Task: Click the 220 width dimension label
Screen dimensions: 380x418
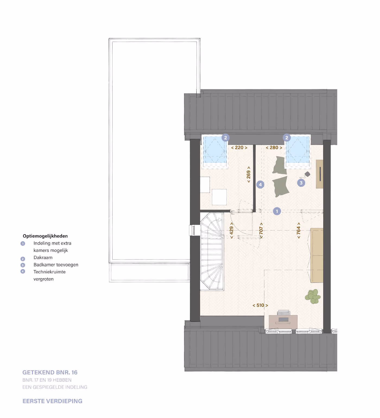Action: coord(239,148)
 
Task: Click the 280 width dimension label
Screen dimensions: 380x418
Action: coord(274,148)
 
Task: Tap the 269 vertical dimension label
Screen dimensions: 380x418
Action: coord(249,175)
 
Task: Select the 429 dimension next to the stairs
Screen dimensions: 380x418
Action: coord(231,230)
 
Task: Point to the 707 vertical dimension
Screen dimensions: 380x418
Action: coord(261,230)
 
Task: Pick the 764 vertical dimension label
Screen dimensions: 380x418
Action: coord(299,230)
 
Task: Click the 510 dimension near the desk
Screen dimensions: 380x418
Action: coord(260,305)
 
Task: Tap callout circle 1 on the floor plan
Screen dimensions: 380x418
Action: coord(277,211)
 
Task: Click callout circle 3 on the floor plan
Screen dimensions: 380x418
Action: coord(301,183)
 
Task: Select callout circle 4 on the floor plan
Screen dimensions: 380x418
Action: coord(260,185)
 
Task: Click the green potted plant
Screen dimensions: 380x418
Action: coord(313,296)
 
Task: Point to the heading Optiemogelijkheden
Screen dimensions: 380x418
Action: coord(45,236)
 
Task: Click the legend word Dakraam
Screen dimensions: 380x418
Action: coord(43,258)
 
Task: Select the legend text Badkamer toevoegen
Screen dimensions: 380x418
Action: coord(56,265)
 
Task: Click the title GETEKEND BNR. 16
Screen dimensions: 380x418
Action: coord(50,372)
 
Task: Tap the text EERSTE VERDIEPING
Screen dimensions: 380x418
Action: coord(52,401)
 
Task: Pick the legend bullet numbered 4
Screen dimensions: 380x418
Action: coord(23,271)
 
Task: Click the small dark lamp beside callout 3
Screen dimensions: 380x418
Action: coord(308,174)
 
